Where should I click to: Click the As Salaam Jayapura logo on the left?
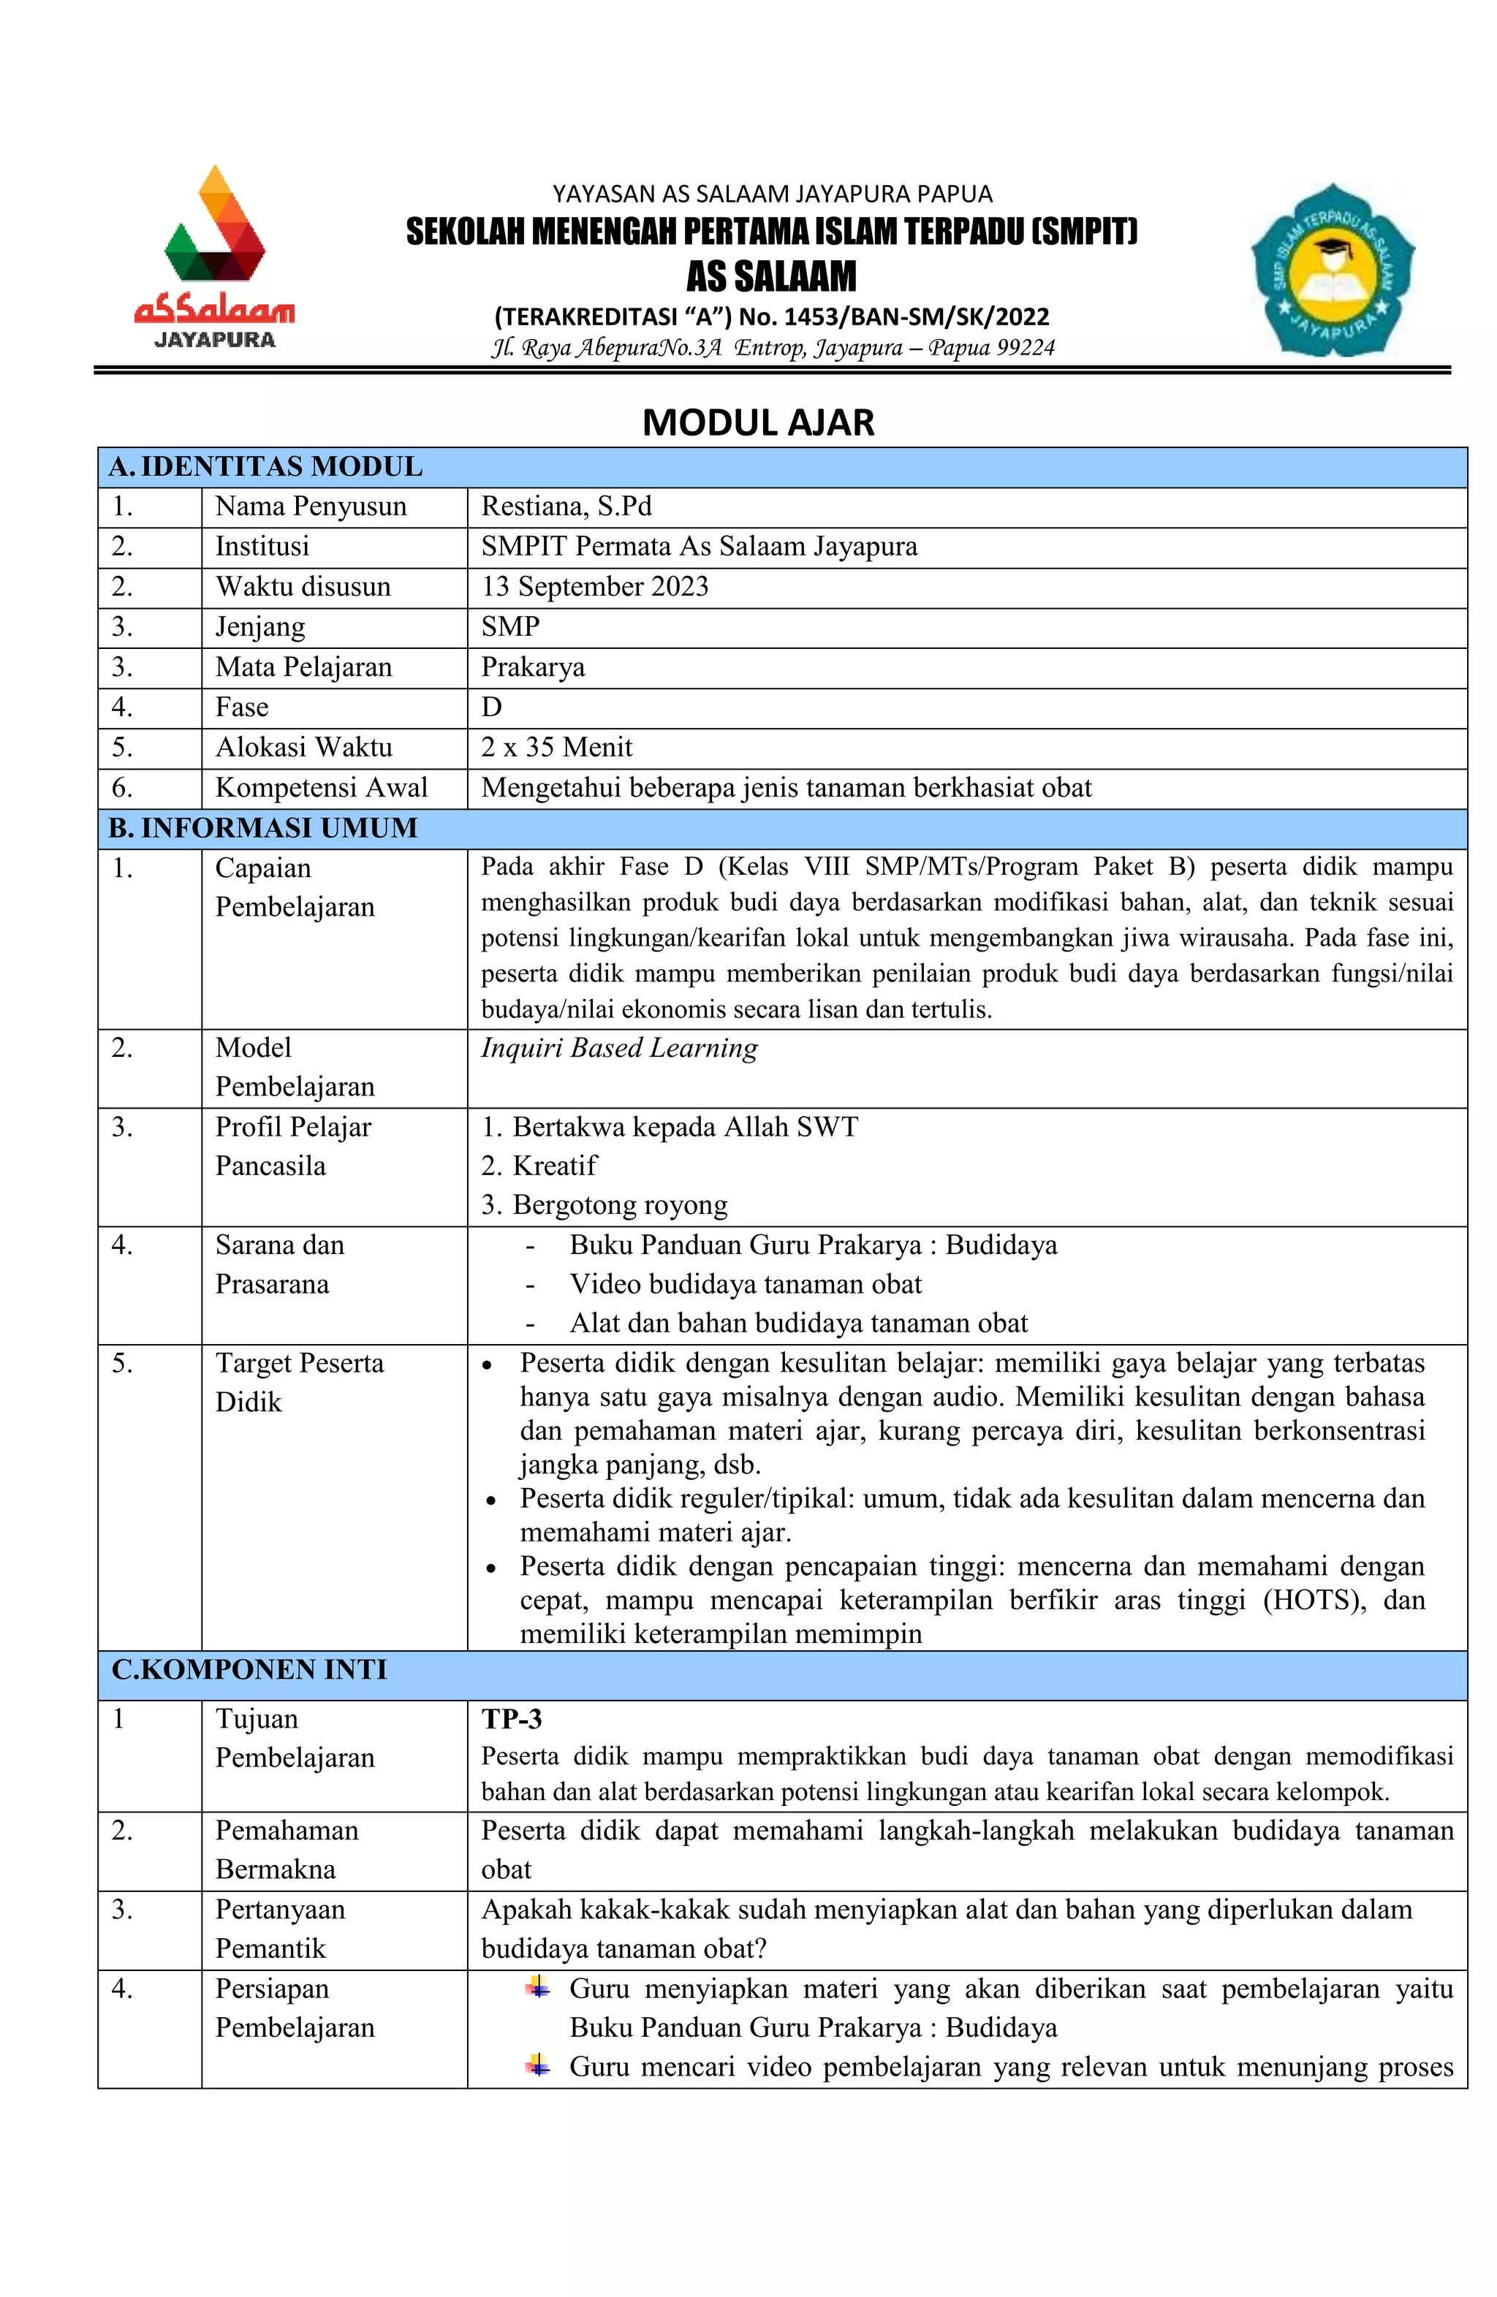point(214,258)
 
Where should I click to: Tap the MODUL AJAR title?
point(758,422)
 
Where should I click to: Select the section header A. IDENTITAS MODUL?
point(265,467)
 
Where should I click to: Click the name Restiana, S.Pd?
point(566,506)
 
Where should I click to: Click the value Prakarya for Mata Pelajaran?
point(533,667)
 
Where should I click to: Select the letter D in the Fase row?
point(491,707)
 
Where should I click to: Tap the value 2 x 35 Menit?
point(557,747)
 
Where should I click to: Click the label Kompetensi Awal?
point(320,788)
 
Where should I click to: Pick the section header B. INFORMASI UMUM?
point(262,828)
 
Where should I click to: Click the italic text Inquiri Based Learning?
point(618,1048)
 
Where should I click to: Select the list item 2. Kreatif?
point(539,1166)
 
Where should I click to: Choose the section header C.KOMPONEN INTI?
point(249,1670)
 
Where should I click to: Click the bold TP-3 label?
point(512,1719)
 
